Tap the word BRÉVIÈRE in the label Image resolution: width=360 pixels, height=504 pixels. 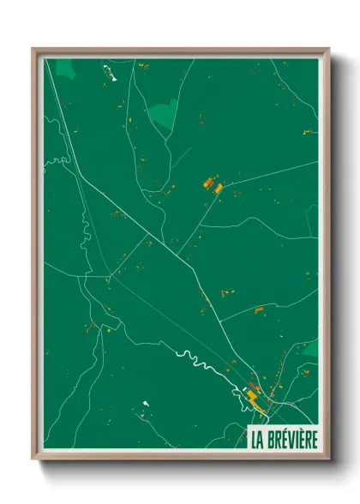click(291, 440)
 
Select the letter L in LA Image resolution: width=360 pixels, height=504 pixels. click(254, 440)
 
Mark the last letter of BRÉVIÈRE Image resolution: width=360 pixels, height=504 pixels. click(313, 440)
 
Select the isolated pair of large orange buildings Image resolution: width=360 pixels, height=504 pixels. click(212, 184)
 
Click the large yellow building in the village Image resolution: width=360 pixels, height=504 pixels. click(256, 398)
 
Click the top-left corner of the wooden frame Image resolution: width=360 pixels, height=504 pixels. click(33, 49)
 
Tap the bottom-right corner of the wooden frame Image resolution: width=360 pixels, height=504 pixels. click(328, 460)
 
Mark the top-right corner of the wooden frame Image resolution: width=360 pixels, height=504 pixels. click(328, 49)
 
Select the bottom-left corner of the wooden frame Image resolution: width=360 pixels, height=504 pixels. click(33, 460)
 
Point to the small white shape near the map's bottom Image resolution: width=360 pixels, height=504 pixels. click(146, 403)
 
